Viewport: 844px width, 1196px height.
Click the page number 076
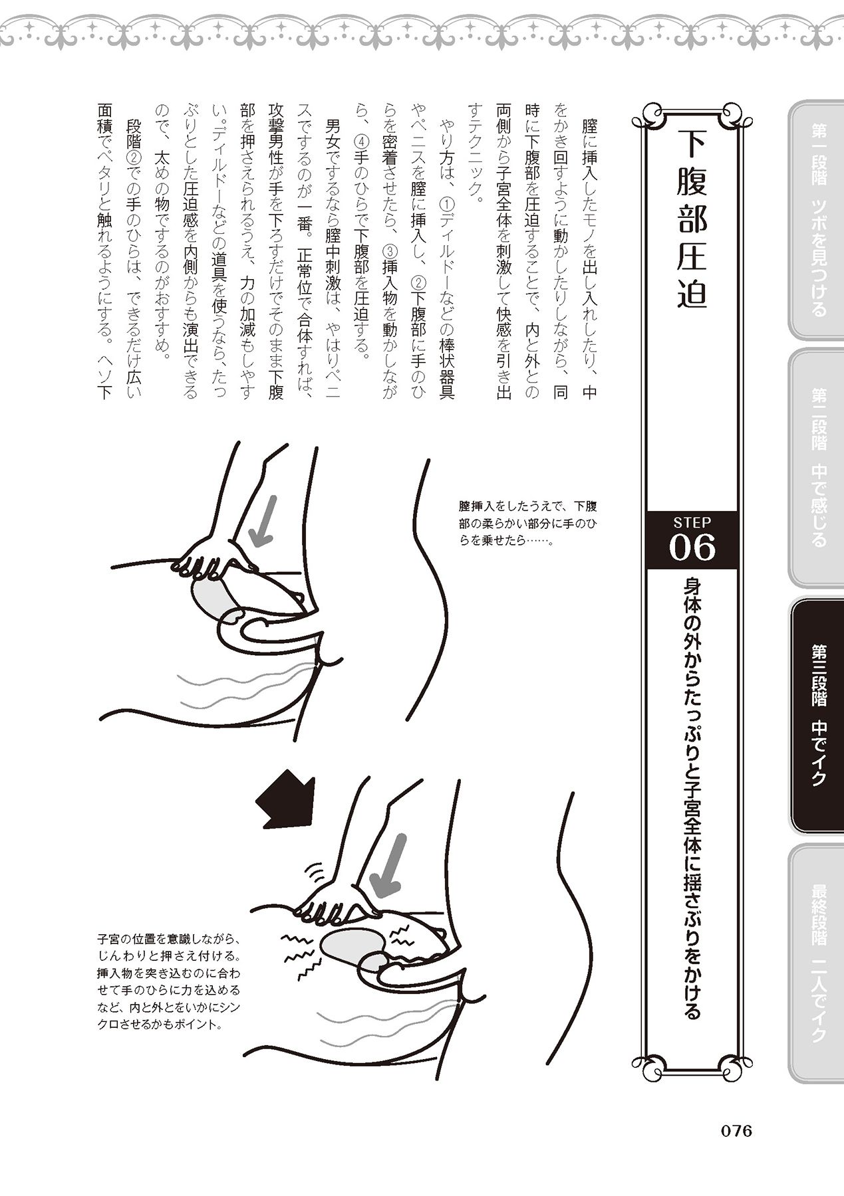coord(730,1131)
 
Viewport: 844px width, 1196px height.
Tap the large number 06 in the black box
coord(692,548)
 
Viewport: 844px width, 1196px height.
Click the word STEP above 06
coord(692,522)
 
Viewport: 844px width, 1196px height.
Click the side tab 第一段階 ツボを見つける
coord(817,219)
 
